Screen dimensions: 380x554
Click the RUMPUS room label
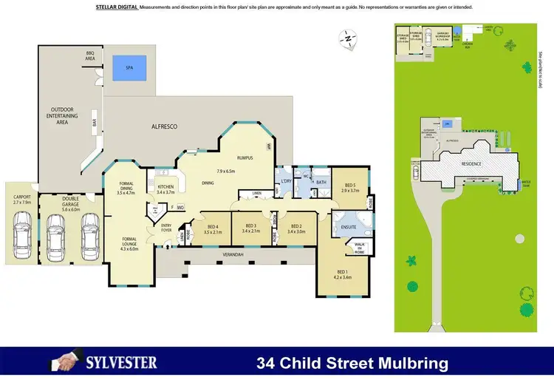pos(245,157)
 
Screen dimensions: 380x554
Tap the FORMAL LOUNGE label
pos(129,242)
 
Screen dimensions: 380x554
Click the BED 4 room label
pos(213,228)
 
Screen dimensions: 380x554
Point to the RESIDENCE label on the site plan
pos(471,164)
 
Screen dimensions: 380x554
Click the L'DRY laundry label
pos(284,182)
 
